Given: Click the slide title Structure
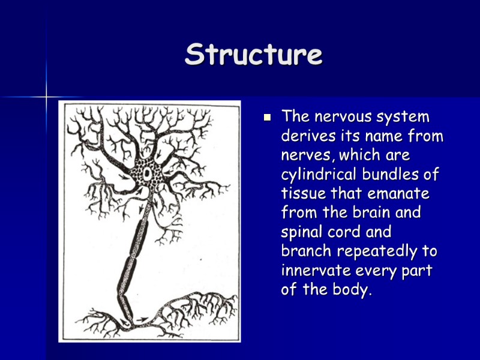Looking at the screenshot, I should point(253,55).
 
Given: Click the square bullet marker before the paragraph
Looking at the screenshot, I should point(268,117).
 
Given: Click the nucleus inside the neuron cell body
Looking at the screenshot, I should point(148,173).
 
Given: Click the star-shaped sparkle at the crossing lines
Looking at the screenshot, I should point(46,97).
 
